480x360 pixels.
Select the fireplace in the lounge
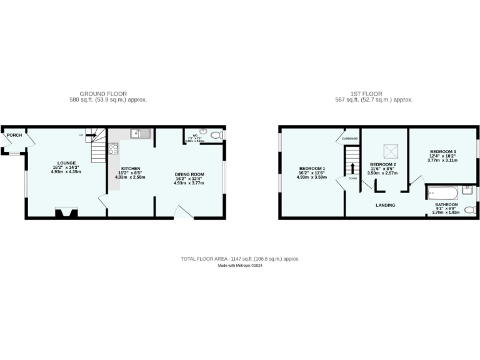(67, 212)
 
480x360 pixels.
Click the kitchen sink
(140, 132)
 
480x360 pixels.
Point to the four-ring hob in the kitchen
(113, 148)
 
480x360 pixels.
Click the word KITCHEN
(131, 168)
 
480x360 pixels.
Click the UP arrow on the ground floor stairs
(81, 134)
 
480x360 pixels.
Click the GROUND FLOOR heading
(108, 94)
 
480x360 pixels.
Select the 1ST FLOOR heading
(373, 94)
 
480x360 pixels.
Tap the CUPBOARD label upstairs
(349, 139)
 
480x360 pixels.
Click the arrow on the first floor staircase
(352, 167)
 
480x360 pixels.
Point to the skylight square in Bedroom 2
(391, 149)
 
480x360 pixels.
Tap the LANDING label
(385, 204)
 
